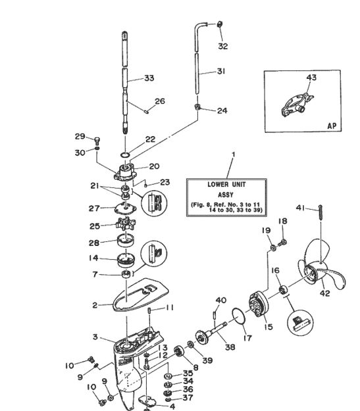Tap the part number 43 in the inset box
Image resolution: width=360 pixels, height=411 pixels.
tap(311, 78)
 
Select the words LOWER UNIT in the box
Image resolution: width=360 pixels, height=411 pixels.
tap(226, 185)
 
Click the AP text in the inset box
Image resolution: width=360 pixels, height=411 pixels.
tap(332, 126)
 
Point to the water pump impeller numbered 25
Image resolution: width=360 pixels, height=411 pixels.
tap(126, 224)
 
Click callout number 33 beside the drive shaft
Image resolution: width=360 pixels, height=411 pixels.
tap(149, 78)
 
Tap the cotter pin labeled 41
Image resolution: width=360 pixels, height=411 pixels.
tap(321, 213)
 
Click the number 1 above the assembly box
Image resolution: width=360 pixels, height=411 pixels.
tap(234, 155)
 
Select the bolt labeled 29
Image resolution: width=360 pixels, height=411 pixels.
tap(97, 141)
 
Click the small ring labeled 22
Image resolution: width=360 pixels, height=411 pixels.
tap(126, 155)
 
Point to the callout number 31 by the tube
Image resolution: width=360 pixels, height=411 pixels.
tap(221, 71)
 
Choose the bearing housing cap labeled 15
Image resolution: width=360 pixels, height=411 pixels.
tap(259, 304)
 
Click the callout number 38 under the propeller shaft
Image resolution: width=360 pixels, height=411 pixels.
tap(230, 347)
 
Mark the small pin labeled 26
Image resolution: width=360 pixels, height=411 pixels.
tap(147, 111)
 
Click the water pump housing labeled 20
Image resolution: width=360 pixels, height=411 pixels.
tap(125, 172)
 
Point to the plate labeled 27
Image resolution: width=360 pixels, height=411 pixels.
tap(125, 208)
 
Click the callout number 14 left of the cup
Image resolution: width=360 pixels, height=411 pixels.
tap(93, 258)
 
